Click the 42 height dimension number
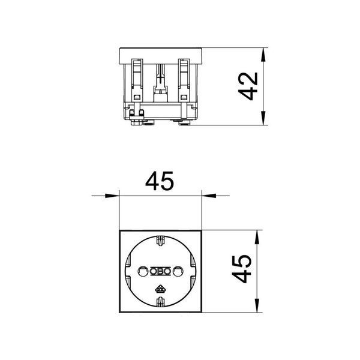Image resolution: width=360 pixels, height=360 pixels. pyautogui.click(x=248, y=86)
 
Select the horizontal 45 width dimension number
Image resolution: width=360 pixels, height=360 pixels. pyautogui.click(x=160, y=181)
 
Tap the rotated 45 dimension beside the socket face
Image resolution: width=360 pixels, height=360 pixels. pyautogui.click(x=242, y=269)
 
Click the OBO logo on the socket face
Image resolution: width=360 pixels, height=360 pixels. pyautogui.click(x=160, y=271)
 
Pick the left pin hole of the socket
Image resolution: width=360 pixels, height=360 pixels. pyautogui.click(x=142, y=271)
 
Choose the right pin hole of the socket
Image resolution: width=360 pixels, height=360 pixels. pyautogui.click(x=178, y=271)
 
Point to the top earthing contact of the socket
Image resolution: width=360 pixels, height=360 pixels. pyautogui.click(x=160, y=241)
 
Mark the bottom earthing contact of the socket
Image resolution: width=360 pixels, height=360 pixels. pyautogui.click(x=160, y=302)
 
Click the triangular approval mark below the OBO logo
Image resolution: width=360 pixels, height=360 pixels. pyautogui.click(x=160, y=290)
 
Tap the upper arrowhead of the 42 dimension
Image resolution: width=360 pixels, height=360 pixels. pyautogui.click(x=263, y=55)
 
